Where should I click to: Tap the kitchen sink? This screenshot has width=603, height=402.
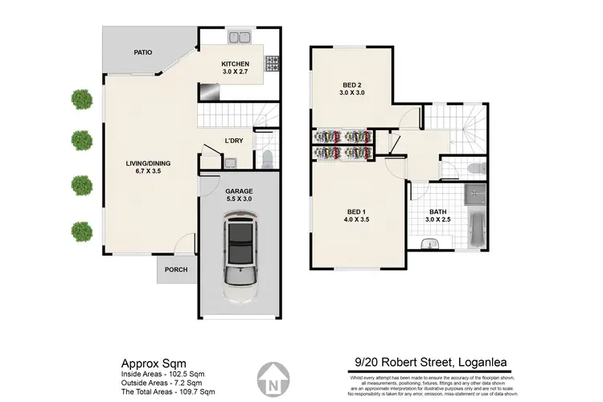[239, 36]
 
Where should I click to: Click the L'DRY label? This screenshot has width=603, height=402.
[234, 142]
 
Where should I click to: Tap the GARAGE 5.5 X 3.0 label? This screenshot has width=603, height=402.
[237, 194]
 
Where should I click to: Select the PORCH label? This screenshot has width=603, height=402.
[176, 270]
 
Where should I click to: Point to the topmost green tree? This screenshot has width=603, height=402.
[81, 99]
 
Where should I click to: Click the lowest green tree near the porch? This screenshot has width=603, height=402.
[81, 231]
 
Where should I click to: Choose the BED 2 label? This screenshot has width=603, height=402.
[351, 88]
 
